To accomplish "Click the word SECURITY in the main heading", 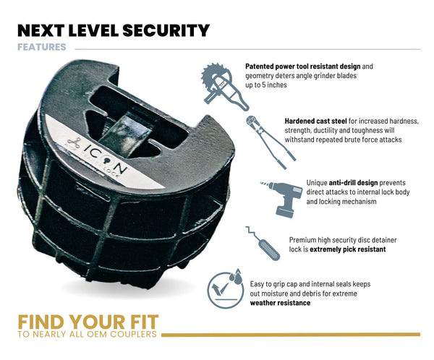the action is point(166,30).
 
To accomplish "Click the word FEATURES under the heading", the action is point(42,47).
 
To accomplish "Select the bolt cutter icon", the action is point(271,142).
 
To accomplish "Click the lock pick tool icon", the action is point(263,243).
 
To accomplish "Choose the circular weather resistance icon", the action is point(225,288).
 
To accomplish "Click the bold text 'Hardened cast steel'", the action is point(315,121).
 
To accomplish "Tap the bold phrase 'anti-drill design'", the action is point(353,183).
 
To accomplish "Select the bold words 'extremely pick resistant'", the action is point(348,249).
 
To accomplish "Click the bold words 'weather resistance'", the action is point(280,303).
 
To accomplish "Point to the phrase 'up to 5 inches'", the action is point(266,85).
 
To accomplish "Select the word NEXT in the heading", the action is point(41,30).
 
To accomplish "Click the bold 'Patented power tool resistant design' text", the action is point(303,67).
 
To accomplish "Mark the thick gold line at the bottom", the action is point(291,335).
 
